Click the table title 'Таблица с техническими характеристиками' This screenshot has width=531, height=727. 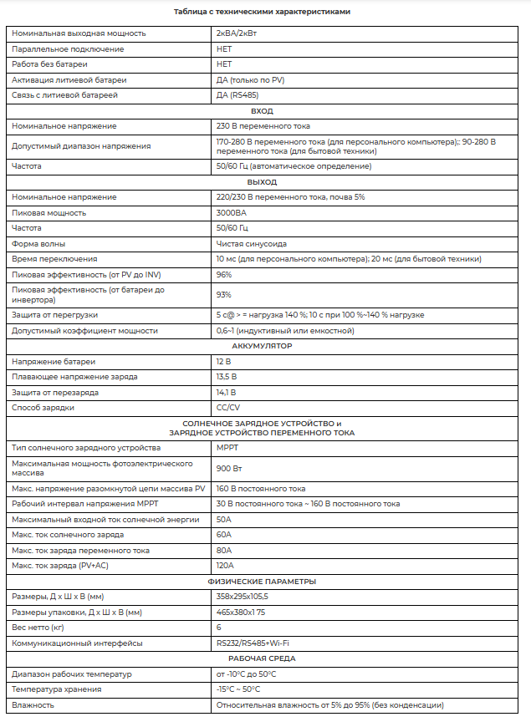point(262,12)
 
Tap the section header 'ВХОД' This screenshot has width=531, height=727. point(262,110)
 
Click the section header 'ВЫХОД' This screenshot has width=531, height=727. point(262,181)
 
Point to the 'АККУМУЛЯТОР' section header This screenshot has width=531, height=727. point(262,346)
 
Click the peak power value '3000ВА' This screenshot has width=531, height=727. point(231,213)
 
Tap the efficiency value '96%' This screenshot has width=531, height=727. point(223,275)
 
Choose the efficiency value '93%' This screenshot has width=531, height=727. point(223,294)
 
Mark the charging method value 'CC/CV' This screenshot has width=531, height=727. point(227,407)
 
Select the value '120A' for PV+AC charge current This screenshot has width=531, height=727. point(225,566)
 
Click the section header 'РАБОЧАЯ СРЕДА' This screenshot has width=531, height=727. point(262,658)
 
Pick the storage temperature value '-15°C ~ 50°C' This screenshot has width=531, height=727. point(237,689)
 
